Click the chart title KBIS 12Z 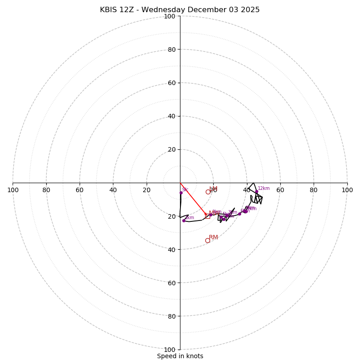(x=180, y=10)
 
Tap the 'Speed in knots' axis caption (x=180, y=356)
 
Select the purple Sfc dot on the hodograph (x=181, y=193)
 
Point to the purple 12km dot (x=256, y=192)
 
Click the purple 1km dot (x=184, y=220)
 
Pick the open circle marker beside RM (x=207, y=240)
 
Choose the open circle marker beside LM (x=208, y=192)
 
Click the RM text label (x=213, y=237)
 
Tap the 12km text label (x=264, y=189)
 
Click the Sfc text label (x=185, y=190)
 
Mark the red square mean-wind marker (x=206, y=215)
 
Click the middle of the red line (x=193, y=199)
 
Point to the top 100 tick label (x=169, y=16)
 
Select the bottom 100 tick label (x=169, y=350)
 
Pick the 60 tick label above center (x=171, y=83)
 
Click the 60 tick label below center (x=171, y=283)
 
